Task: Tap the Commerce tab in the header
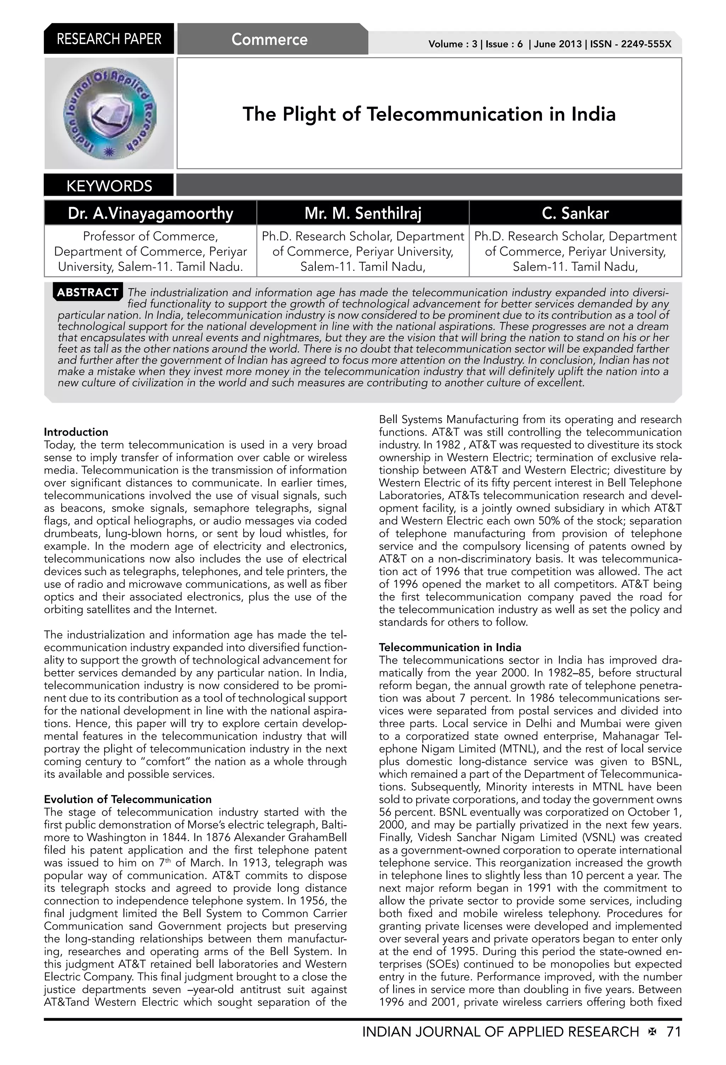click(269, 39)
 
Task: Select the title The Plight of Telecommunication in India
click(429, 114)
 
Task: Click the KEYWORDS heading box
click(109, 186)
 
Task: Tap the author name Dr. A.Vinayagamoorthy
click(150, 213)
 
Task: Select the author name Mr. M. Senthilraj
click(363, 213)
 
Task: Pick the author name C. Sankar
click(575, 213)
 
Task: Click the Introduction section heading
click(76, 432)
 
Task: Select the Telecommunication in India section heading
click(449, 647)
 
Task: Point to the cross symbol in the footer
click(652, 1032)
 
